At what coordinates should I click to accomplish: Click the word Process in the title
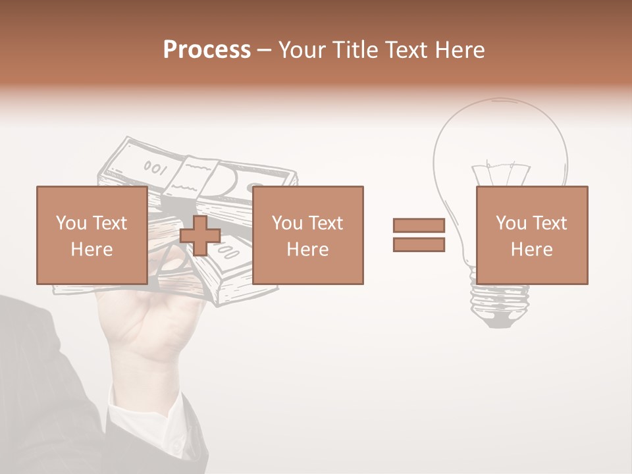(x=207, y=50)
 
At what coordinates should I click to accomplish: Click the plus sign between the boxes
(x=200, y=236)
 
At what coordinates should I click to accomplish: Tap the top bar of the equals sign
(x=419, y=225)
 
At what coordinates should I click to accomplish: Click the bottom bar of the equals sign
(x=419, y=245)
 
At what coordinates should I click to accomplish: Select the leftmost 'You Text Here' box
(x=92, y=236)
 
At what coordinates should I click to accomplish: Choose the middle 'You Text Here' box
(x=307, y=236)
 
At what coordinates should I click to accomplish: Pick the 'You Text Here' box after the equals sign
(x=531, y=236)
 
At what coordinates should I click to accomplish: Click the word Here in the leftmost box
(x=92, y=250)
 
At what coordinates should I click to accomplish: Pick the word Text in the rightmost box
(x=549, y=223)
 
